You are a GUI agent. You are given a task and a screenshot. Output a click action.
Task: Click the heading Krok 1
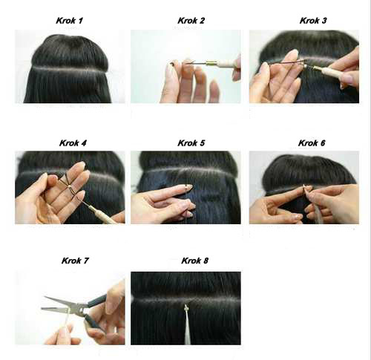pyautogui.click(x=70, y=21)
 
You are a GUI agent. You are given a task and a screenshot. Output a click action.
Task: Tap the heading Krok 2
pyautogui.click(x=191, y=21)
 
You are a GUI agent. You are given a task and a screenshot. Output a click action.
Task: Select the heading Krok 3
pyautogui.click(x=313, y=21)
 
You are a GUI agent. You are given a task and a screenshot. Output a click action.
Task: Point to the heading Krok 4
pyautogui.click(x=73, y=143)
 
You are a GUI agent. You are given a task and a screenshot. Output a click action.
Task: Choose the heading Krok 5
pyautogui.click(x=191, y=143)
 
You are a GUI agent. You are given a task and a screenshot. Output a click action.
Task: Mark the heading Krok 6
pyautogui.click(x=312, y=143)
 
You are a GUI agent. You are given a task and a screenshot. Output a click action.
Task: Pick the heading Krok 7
pyautogui.click(x=75, y=261)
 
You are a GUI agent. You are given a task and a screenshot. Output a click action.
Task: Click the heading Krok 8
pyautogui.click(x=195, y=261)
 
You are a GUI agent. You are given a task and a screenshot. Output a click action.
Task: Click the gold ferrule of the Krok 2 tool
pyautogui.click(x=210, y=63)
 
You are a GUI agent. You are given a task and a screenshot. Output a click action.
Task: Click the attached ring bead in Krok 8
pyautogui.click(x=185, y=308)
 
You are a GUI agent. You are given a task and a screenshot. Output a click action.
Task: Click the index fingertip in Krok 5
pyautogui.click(x=188, y=186)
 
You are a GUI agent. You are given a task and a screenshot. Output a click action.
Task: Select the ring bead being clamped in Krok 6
pyautogui.click(x=305, y=189)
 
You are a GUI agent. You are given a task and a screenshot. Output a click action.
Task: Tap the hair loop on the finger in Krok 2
pyautogui.click(x=173, y=64)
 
